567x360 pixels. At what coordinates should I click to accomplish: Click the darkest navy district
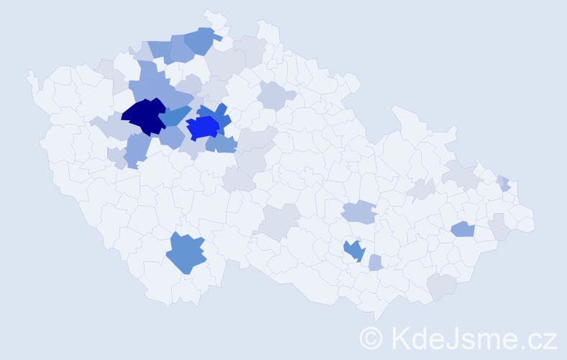coord(146,117)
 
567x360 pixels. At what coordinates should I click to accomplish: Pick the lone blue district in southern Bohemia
coord(186,254)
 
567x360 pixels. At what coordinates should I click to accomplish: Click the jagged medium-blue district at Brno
coord(354,250)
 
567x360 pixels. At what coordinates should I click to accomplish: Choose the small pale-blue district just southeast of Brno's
coord(375,264)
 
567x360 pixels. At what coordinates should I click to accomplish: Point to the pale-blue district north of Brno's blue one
coord(358,212)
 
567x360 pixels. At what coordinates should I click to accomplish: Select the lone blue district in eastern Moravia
coord(462,230)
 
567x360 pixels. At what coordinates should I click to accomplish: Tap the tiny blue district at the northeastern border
coord(505,183)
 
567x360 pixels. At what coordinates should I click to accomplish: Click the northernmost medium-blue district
coord(201,40)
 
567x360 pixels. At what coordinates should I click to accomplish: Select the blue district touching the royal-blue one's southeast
coord(222,144)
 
